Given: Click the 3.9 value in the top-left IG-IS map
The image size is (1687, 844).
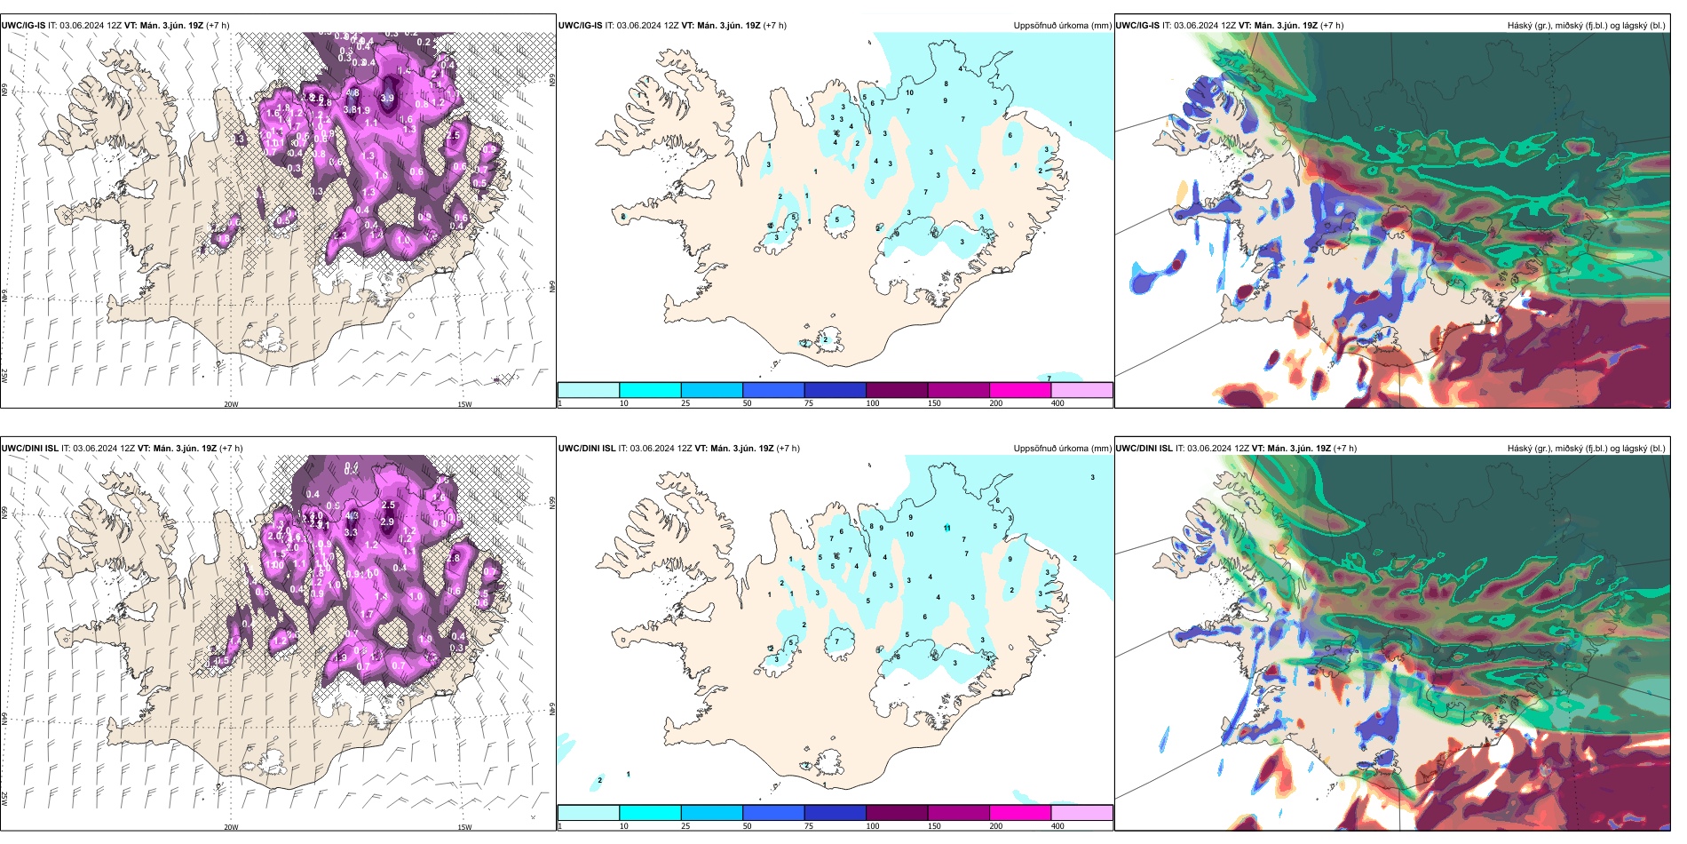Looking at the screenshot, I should coord(387,99).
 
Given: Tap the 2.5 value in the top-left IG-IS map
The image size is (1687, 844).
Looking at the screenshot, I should coord(454,136).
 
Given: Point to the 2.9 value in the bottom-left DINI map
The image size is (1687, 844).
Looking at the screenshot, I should coord(387,522).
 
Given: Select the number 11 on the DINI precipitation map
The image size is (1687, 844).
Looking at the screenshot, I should coord(947,528).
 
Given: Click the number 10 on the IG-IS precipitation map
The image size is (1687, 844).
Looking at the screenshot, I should coord(909,92).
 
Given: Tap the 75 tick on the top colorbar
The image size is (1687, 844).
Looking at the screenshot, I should coord(808,403).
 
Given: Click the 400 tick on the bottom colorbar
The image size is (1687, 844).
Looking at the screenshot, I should coord(1057,826).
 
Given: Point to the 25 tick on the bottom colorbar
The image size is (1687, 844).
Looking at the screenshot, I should coord(685,826).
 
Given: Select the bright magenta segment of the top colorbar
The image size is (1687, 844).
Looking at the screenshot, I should coord(1020,390).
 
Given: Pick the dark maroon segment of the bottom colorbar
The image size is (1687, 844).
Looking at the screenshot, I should coord(897,813).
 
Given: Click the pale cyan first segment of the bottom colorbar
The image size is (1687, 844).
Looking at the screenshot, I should coord(589,813).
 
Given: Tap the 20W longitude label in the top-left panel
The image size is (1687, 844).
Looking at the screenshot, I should coord(231,404).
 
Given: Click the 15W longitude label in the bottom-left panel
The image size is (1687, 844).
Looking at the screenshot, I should coord(464,827).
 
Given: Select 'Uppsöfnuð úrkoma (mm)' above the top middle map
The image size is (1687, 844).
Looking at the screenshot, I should coord(1062,26).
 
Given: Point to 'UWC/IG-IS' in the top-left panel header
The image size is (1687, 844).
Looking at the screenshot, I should coord(23,26).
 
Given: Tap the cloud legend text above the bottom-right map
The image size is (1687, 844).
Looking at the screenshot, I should coord(1586,449).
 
